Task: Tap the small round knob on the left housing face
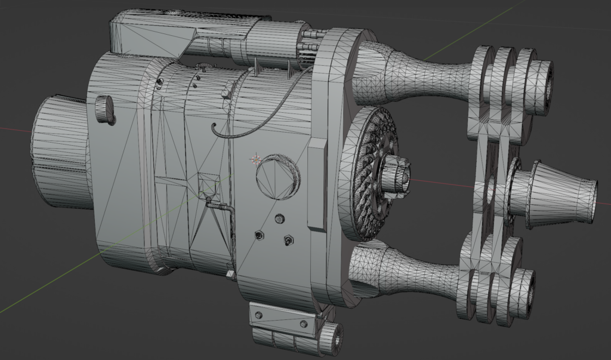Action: (105, 109)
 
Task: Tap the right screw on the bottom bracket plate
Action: (304, 323)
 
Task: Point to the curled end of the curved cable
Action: (214, 127)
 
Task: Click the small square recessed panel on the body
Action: (209, 186)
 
